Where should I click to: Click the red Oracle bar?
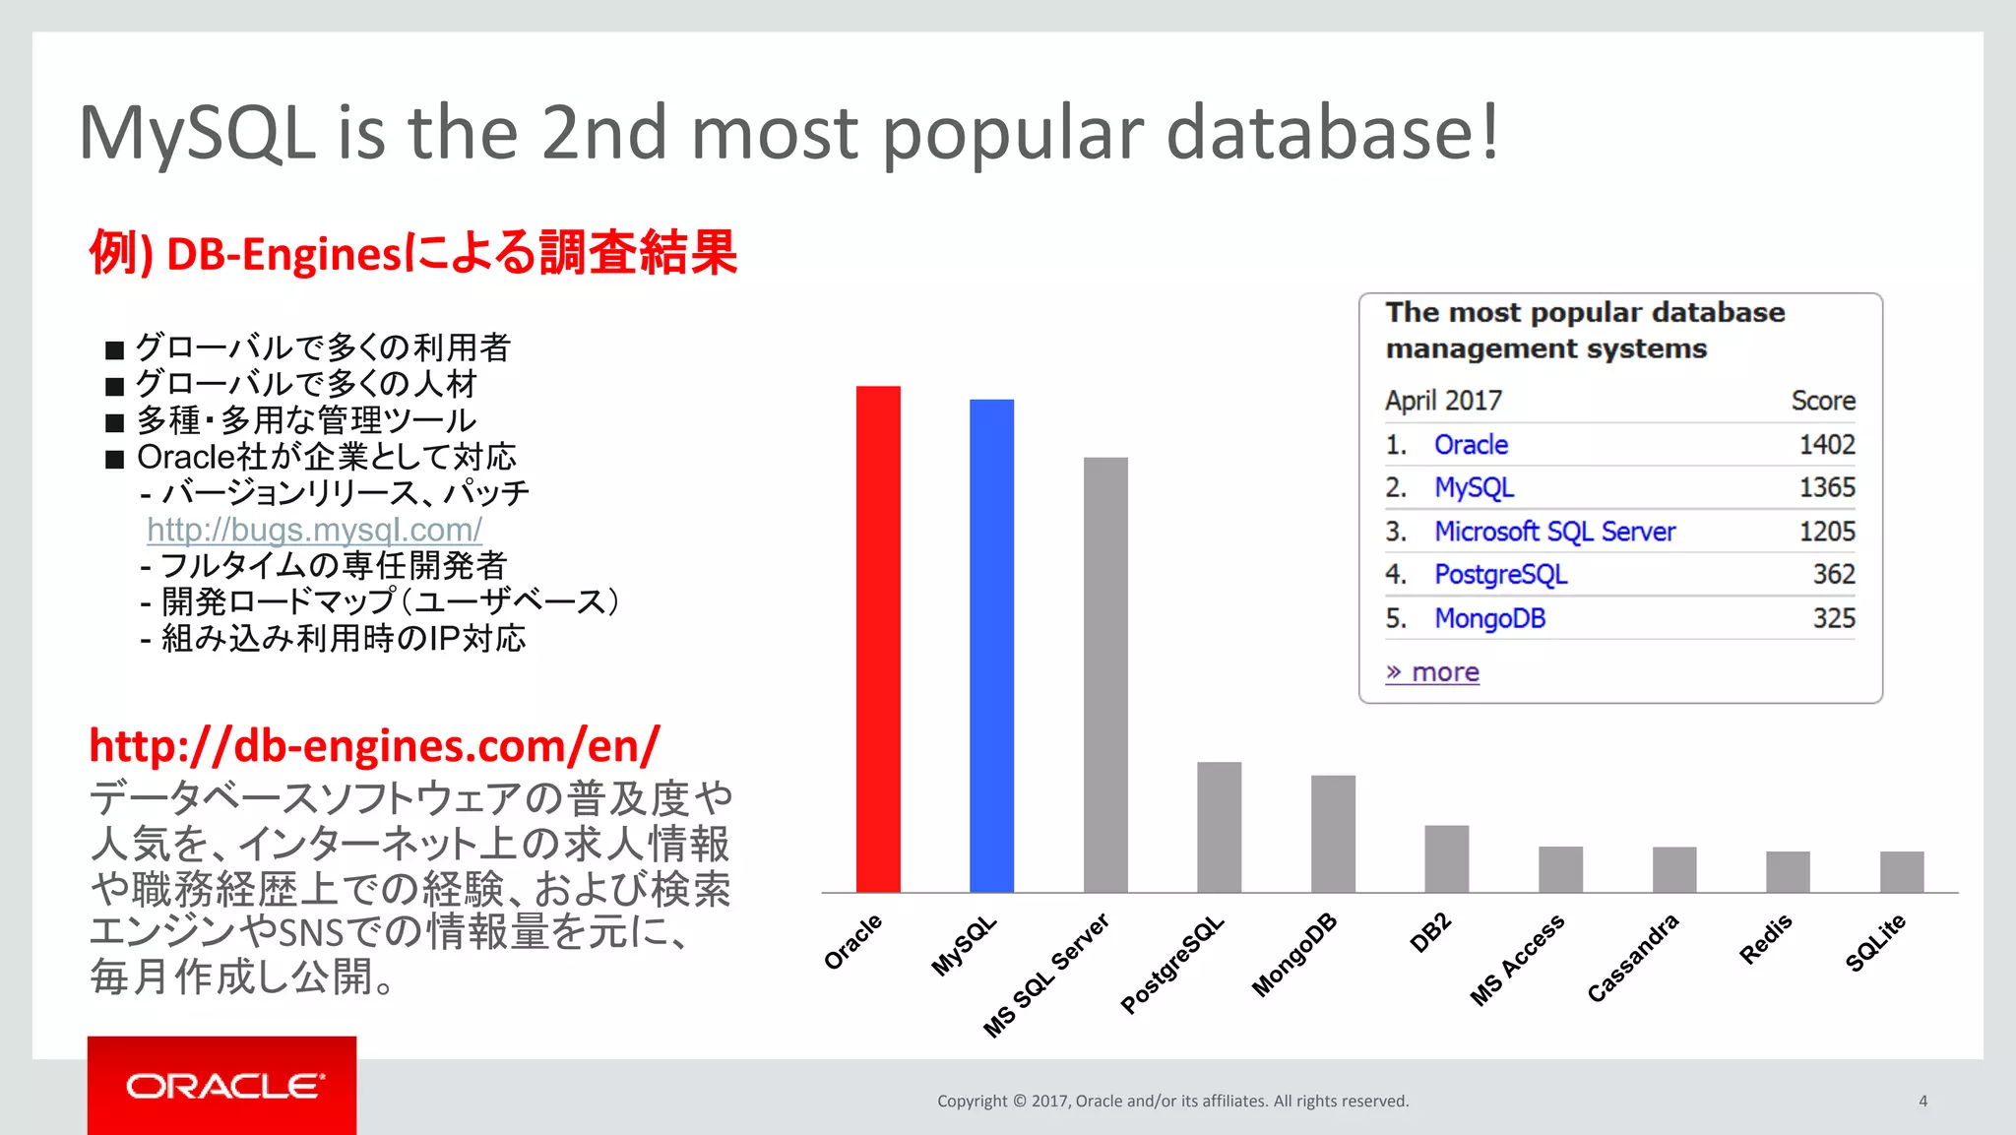click(x=878, y=640)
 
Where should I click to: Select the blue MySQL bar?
click(x=991, y=646)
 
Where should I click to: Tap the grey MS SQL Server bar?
click(x=1105, y=675)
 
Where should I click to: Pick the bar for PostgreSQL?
click(x=1219, y=827)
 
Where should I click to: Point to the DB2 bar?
click(x=1446, y=858)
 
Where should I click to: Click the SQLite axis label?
click(x=1875, y=943)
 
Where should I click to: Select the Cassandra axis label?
click(x=1632, y=958)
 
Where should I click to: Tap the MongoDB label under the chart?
click(x=1293, y=955)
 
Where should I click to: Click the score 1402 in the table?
click(x=1826, y=445)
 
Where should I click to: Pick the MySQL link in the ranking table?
click(x=1474, y=488)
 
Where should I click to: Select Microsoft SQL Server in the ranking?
click(x=1553, y=532)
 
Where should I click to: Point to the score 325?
click(x=1833, y=618)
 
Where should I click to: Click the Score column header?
click(x=1822, y=401)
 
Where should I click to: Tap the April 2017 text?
click(x=1443, y=401)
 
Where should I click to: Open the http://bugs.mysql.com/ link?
click(x=314, y=530)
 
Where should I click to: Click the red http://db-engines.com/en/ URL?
click(x=374, y=746)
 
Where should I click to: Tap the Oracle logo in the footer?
click(x=222, y=1086)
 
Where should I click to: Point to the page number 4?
click(x=1922, y=1101)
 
